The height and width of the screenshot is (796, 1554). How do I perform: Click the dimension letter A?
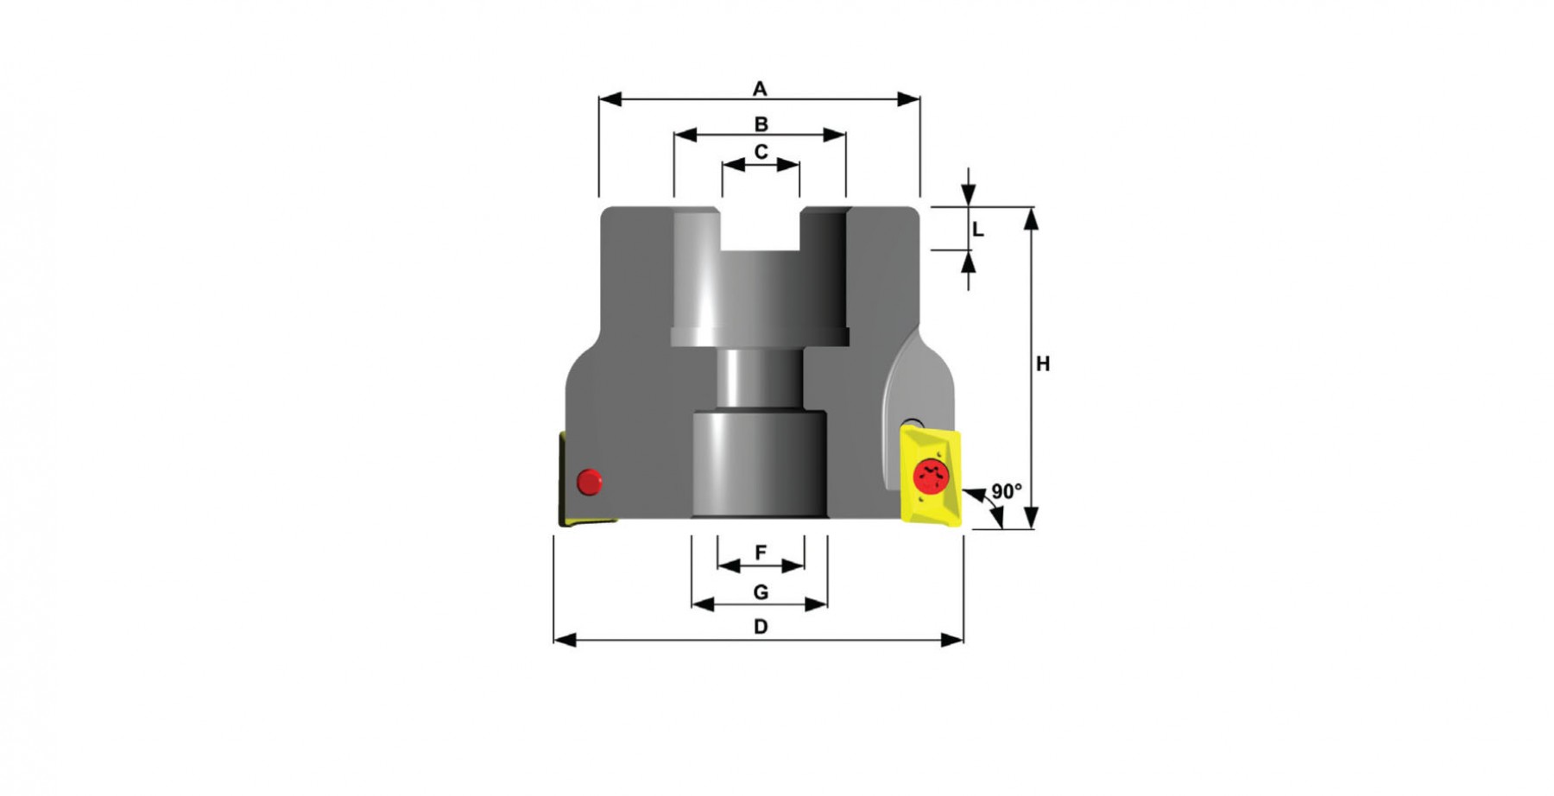[760, 89]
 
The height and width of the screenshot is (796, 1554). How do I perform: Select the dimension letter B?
[761, 125]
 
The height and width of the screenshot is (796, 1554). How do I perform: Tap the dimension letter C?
[761, 152]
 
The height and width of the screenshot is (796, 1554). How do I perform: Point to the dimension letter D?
[761, 627]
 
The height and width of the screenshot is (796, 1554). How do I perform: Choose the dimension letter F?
[761, 553]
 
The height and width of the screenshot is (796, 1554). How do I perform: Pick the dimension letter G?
[761, 592]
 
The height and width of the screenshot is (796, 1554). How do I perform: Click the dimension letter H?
[1043, 364]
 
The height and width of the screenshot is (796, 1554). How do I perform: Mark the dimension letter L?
[977, 230]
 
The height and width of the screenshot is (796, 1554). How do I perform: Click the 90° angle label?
[1007, 491]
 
